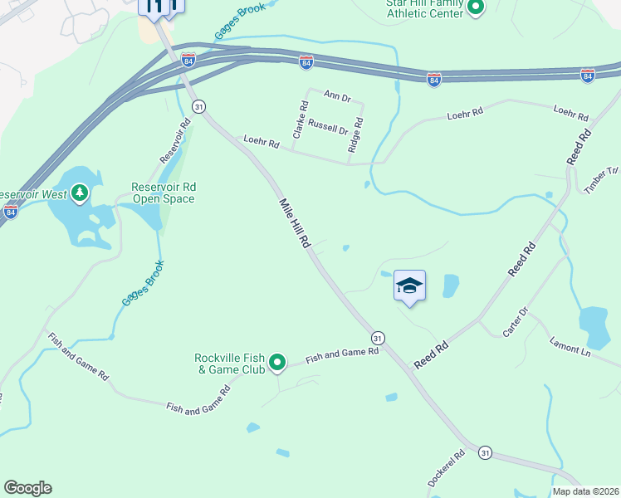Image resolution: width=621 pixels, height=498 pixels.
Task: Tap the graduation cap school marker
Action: (x=409, y=287)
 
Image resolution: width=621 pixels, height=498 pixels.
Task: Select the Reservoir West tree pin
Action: (x=80, y=194)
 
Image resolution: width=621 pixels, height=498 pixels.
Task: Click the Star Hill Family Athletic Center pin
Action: (x=476, y=8)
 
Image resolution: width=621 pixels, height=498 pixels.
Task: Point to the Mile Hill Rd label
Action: (x=294, y=224)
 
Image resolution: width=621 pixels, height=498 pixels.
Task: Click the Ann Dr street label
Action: (x=338, y=97)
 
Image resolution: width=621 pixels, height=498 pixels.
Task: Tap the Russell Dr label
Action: (x=328, y=128)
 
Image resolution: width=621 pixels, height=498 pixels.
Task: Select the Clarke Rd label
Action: (x=300, y=120)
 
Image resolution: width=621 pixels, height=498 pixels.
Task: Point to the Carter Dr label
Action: (x=515, y=322)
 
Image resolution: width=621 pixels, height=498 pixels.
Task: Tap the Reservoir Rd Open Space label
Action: (x=163, y=193)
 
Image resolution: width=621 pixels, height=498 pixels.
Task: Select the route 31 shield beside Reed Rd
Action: (x=378, y=337)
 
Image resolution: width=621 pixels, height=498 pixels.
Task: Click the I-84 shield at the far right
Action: (x=588, y=76)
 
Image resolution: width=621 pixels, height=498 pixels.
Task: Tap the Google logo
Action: (x=27, y=488)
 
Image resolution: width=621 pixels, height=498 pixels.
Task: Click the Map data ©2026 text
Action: (x=585, y=491)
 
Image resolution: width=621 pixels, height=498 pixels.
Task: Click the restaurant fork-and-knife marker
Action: (x=154, y=7)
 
